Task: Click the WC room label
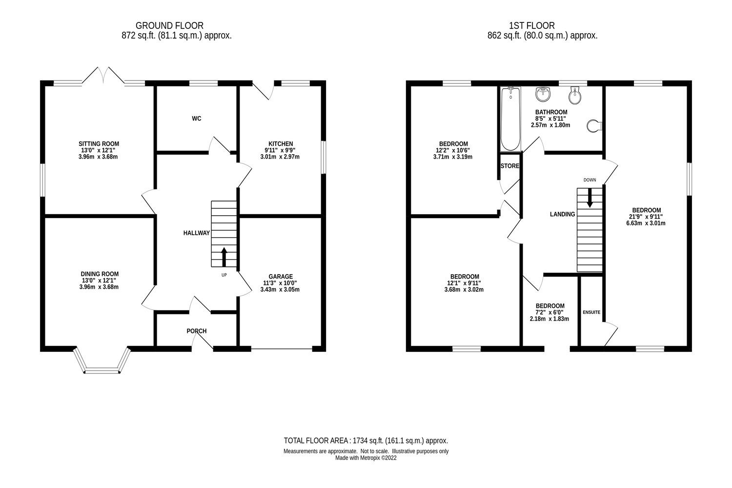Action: click(x=197, y=119)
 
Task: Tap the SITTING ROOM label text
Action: click(x=99, y=144)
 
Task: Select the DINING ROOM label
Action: click(x=100, y=274)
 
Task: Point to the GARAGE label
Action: click(x=280, y=276)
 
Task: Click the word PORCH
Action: click(x=197, y=331)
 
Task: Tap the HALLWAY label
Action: click(x=196, y=233)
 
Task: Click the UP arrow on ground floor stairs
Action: click(x=224, y=257)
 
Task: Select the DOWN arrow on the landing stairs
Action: click(x=590, y=198)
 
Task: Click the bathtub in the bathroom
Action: click(x=510, y=119)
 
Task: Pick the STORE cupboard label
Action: click(x=510, y=166)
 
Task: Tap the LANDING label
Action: click(x=562, y=214)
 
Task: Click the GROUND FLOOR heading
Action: click(x=169, y=25)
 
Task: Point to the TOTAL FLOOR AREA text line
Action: click(x=366, y=440)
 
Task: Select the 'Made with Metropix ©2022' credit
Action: click(x=366, y=458)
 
